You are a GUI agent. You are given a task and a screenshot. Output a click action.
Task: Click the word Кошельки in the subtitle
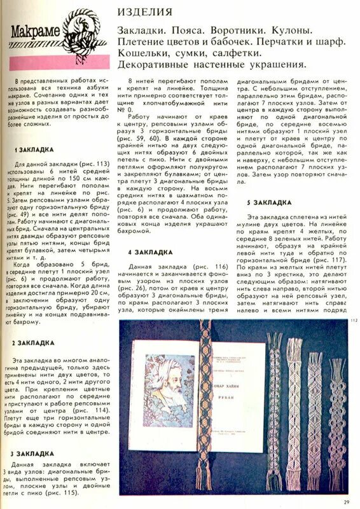click(x=144, y=53)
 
